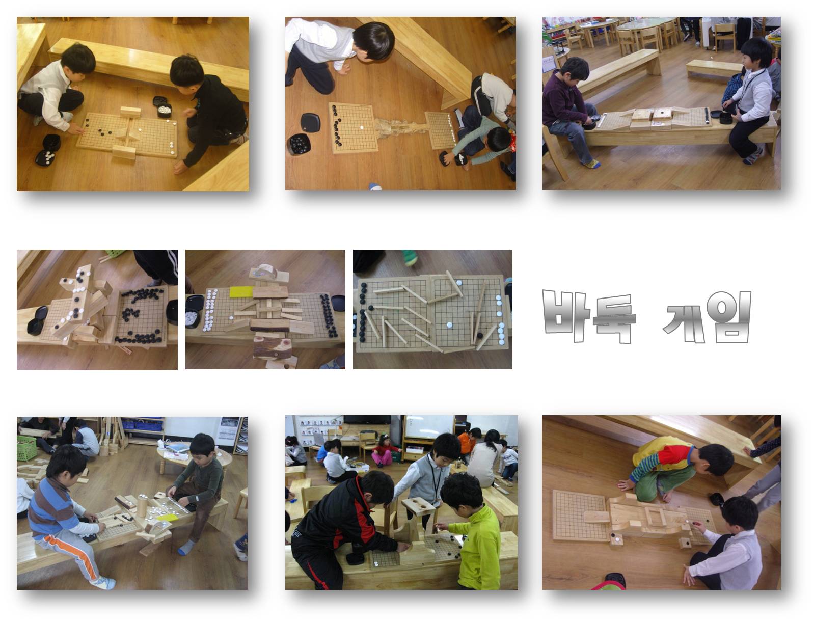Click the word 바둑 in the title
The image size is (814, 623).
(589, 316)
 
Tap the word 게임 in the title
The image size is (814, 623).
(707, 317)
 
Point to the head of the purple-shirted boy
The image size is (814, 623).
(575, 69)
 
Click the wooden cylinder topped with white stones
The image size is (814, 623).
(143, 505)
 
